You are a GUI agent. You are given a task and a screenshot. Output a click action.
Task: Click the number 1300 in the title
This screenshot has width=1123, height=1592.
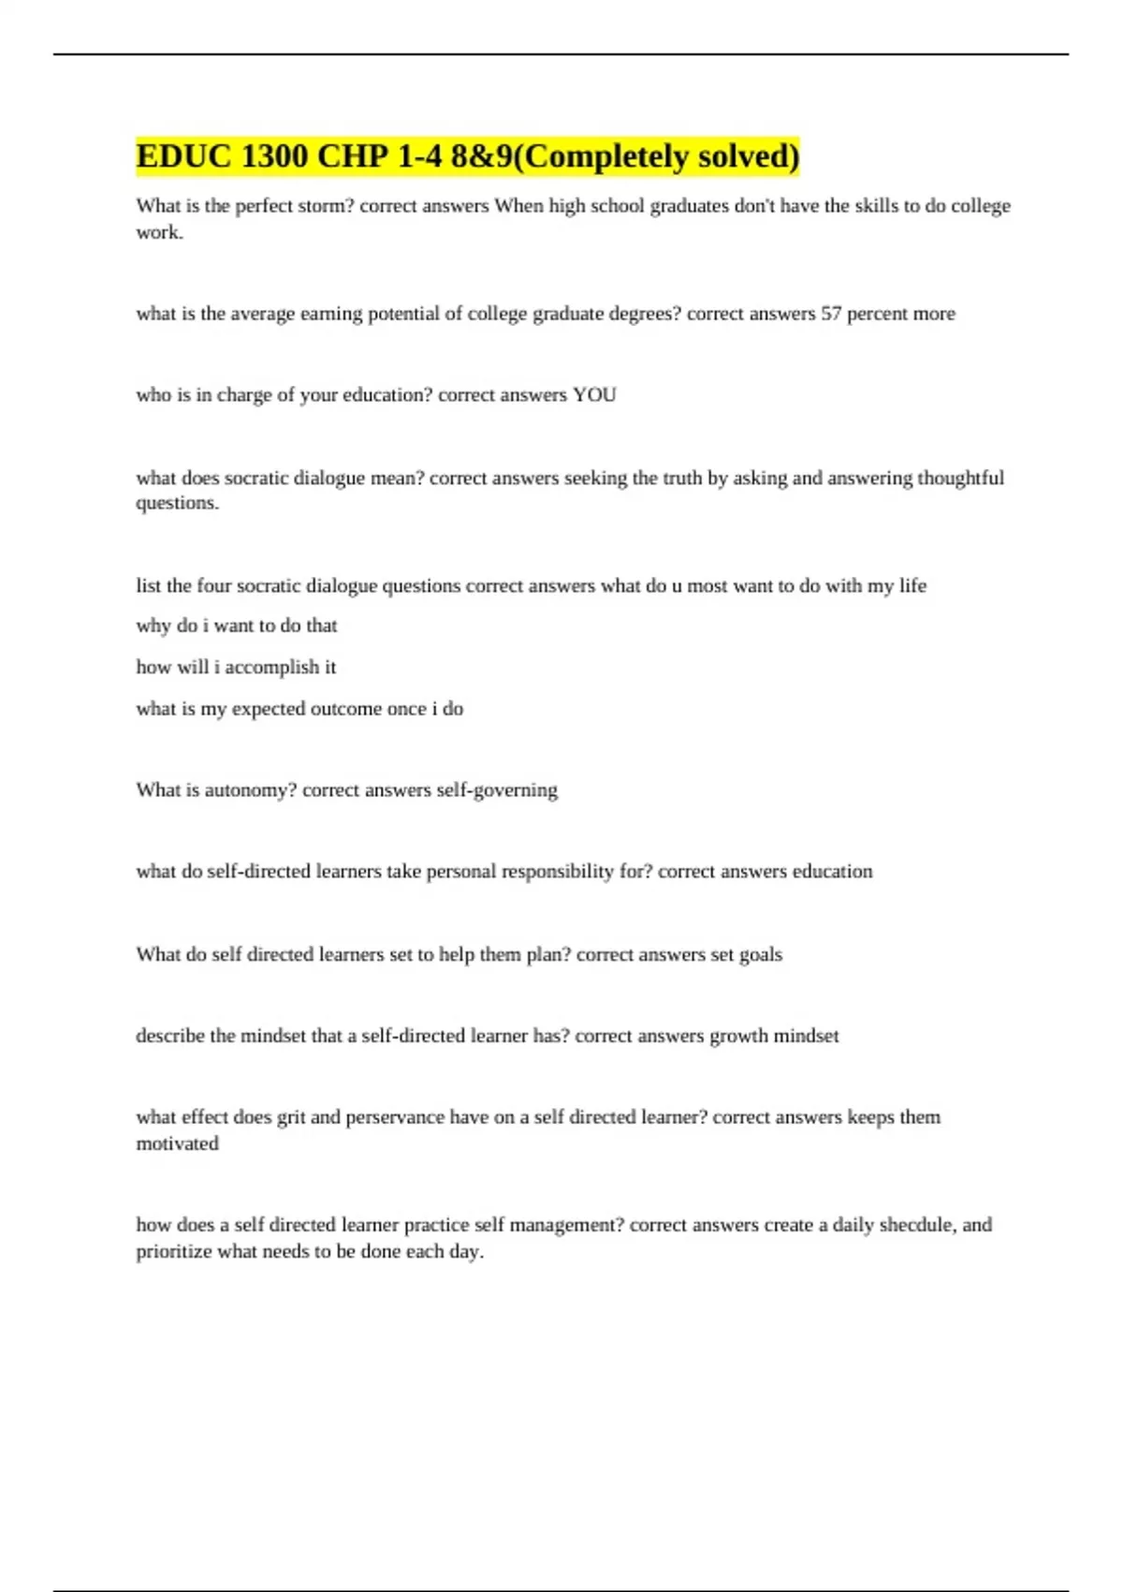(274, 156)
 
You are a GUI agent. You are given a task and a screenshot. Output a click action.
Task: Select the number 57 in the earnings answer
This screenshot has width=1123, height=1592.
(831, 314)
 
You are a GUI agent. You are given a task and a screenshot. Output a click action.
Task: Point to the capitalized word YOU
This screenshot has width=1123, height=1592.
(594, 395)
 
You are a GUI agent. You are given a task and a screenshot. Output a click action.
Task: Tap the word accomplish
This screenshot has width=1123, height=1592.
(271, 668)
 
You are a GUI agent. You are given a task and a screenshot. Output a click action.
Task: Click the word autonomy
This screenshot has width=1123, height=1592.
(250, 790)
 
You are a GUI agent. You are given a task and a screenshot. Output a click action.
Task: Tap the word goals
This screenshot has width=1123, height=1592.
(761, 955)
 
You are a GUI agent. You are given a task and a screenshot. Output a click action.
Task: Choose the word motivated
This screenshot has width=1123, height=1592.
(177, 1143)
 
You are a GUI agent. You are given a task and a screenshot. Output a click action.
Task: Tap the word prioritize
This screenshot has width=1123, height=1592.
(174, 1252)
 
